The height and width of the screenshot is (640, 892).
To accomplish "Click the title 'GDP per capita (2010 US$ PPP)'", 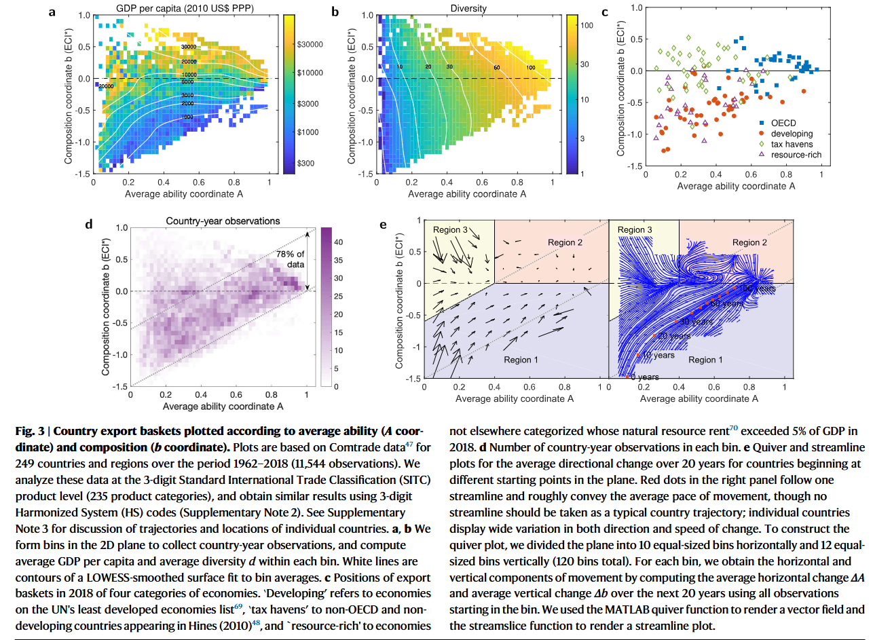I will [x=184, y=9].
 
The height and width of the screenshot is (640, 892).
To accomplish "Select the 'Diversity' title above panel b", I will [x=468, y=9].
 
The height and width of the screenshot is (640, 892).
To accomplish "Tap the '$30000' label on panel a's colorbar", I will [x=310, y=45].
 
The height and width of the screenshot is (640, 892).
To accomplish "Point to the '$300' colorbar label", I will [x=306, y=164].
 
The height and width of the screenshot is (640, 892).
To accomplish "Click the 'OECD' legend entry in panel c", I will [x=783, y=123].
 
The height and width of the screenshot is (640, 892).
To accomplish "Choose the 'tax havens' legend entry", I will [x=792, y=144].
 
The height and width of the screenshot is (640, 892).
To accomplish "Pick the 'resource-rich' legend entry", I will [x=796, y=155].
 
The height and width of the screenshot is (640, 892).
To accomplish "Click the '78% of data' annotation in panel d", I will [x=291, y=259].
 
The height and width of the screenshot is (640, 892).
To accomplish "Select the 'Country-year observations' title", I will [x=223, y=221].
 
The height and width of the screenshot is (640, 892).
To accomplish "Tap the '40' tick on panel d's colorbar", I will [x=339, y=242].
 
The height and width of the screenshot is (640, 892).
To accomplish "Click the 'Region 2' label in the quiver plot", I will [x=565, y=242].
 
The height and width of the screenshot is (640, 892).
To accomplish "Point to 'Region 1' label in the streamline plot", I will [x=705, y=360].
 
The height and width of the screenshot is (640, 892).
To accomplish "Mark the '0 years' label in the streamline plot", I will [x=644, y=377].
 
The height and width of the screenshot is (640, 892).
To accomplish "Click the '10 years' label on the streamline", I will [x=658, y=355].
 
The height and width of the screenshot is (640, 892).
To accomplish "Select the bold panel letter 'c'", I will [x=604, y=12].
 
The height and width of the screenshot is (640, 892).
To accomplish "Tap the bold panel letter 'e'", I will [x=383, y=225].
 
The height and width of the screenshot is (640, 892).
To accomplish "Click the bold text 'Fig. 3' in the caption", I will [x=31, y=431].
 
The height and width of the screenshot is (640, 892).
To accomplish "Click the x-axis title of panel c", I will [x=736, y=186].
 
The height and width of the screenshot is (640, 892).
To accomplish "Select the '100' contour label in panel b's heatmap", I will [x=530, y=67].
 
